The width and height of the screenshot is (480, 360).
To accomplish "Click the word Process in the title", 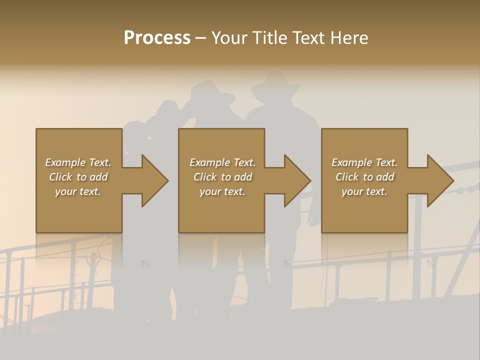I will click(157, 37).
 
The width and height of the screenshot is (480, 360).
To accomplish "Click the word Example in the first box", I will click(65, 162).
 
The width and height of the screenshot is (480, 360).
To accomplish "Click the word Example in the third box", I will click(351, 162).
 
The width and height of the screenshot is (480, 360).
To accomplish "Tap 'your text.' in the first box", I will click(78, 191).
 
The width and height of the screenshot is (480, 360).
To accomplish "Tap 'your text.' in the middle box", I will click(222, 191).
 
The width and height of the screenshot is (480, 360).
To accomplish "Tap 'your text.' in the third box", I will click(364, 191).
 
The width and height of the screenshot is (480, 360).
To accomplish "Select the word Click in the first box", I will click(60, 177).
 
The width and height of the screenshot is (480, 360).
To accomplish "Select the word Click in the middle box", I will click(205, 177).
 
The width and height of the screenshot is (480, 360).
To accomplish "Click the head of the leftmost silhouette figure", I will click(167, 110).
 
